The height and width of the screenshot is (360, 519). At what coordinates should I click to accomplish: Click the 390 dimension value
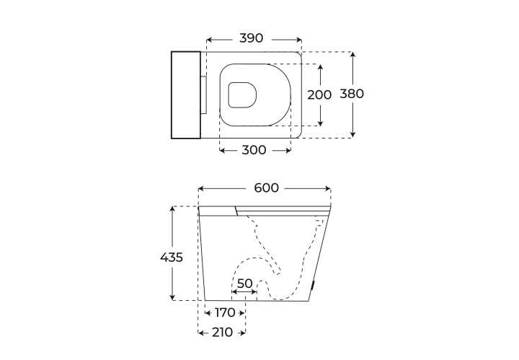(252, 38)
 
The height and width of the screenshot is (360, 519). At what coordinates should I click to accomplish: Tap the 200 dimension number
(319, 95)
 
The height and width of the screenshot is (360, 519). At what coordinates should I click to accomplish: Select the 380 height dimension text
(352, 94)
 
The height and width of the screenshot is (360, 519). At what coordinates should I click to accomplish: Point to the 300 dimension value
(254, 150)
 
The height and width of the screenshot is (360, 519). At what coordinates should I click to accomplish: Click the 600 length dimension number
(267, 188)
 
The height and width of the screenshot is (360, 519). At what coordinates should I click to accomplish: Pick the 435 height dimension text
(172, 258)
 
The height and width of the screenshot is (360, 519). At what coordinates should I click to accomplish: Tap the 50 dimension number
(245, 284)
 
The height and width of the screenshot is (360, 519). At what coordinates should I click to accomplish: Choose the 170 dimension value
(225, 312)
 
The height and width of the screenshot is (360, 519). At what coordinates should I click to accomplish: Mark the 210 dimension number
(223, 332)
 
